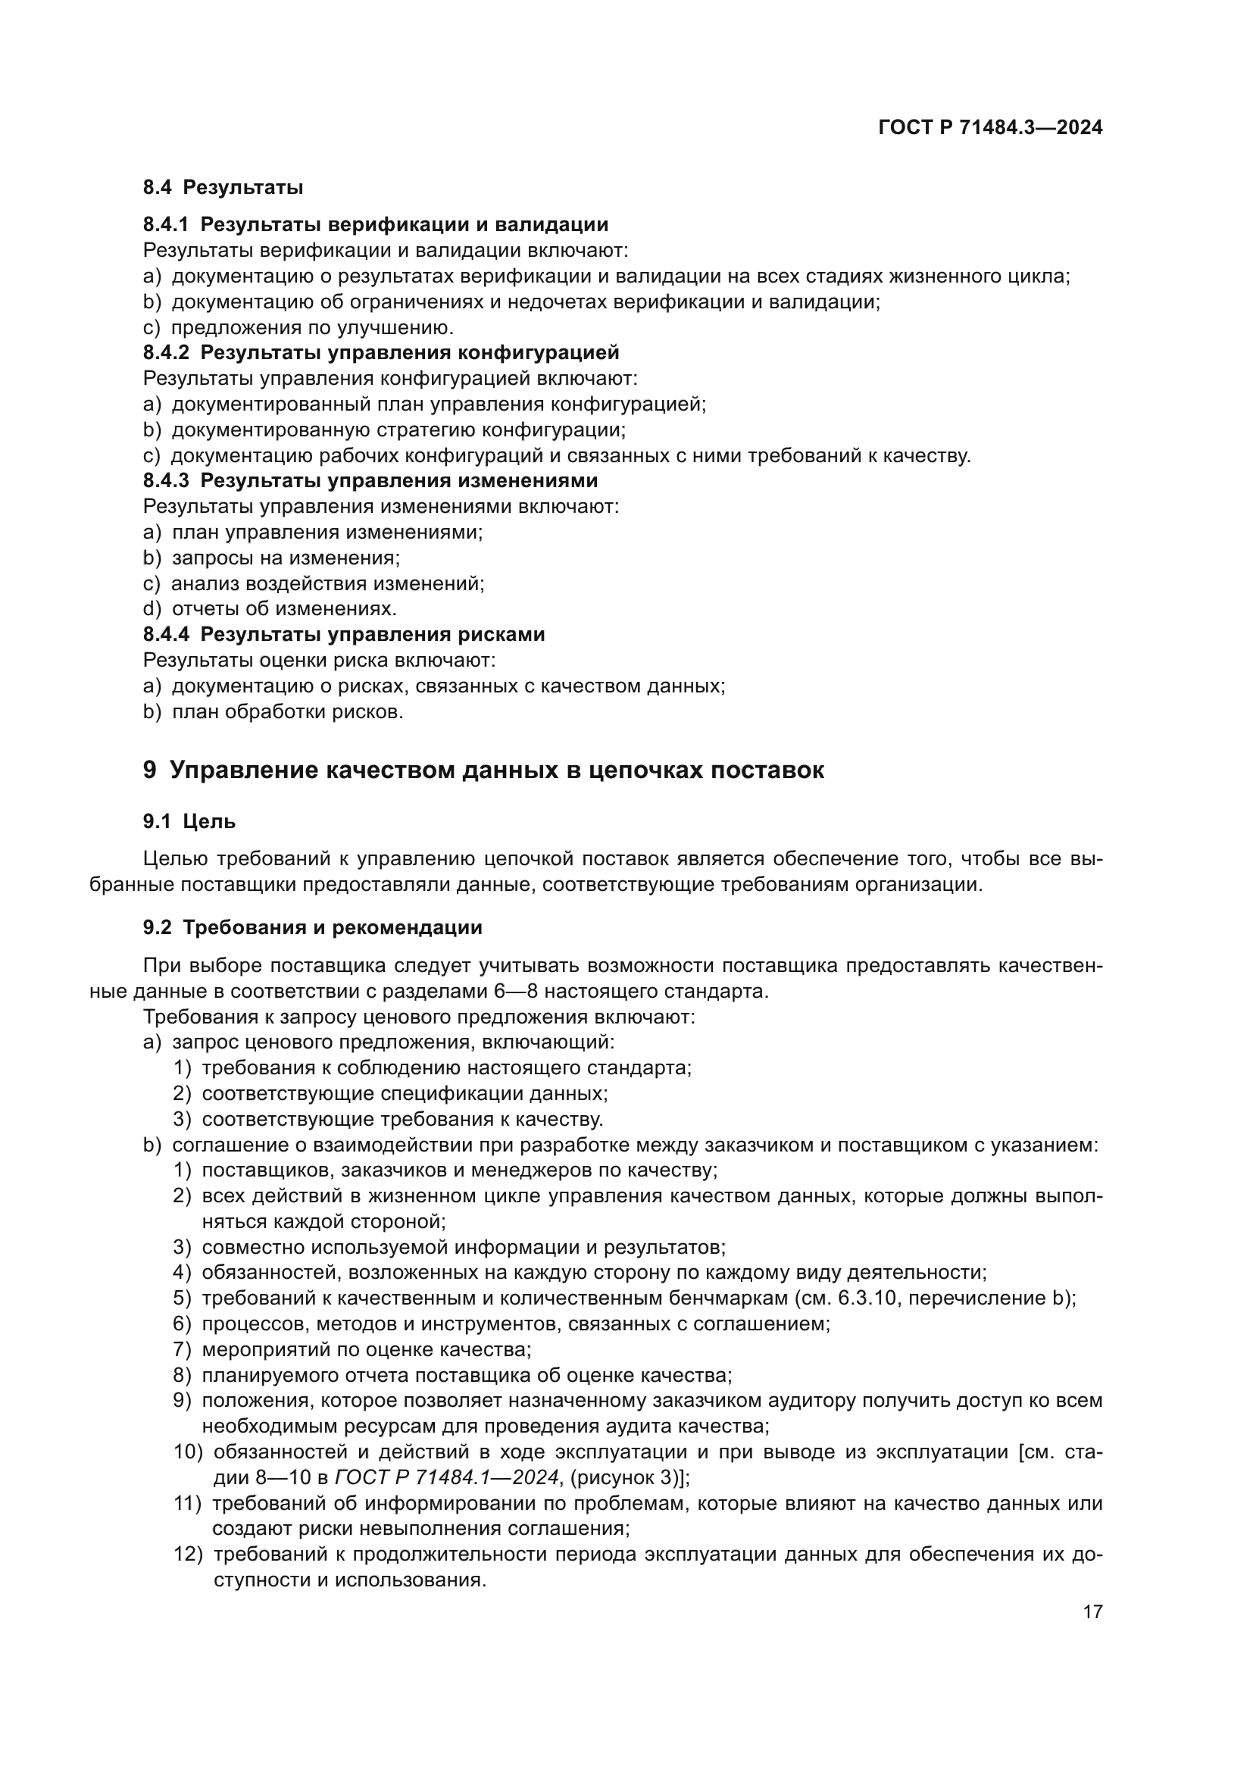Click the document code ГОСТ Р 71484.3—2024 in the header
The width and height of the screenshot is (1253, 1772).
990,128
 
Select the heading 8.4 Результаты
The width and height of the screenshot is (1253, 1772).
223,188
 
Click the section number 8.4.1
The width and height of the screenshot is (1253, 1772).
165,224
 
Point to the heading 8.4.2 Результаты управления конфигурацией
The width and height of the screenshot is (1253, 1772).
381,353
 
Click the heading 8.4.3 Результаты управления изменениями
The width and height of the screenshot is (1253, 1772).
370,481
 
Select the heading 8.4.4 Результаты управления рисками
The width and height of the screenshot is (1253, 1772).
344,634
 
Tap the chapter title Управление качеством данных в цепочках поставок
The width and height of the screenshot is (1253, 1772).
496,770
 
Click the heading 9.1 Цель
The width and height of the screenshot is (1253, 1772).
189,822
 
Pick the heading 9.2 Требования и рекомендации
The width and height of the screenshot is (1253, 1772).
312,928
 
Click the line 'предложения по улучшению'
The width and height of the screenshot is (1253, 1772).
312,327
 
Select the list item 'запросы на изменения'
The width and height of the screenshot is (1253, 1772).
286,558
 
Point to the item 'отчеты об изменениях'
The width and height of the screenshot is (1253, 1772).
284,609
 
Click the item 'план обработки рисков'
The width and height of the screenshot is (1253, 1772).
288,711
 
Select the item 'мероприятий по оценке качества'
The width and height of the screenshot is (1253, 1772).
367,1349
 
